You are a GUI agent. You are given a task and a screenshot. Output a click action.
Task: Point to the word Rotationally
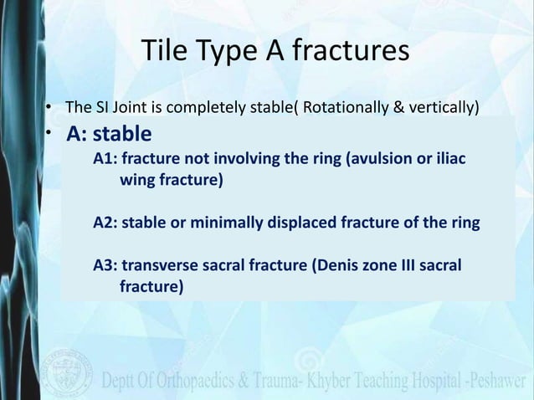click(343, 107)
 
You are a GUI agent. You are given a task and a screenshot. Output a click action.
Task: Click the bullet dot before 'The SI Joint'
click(50, 108)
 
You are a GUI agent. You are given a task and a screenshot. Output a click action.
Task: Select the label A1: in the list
click(106, 160)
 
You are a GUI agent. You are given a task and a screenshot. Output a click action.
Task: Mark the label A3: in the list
click(106, 267)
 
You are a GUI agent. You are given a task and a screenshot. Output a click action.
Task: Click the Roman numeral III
click(405, 267)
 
